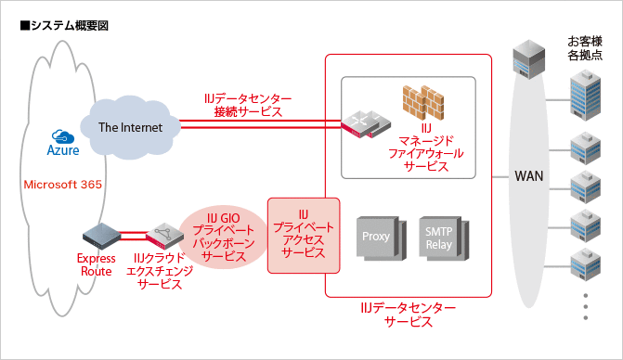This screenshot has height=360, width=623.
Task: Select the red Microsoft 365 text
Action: coord(62,185)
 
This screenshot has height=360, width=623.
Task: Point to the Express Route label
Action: coord(96,264)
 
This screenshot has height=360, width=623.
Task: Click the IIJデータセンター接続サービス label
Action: coord(248,105)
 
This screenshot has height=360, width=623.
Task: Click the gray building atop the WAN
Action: coord(528,59)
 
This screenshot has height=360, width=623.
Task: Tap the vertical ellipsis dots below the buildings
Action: coord(585,307)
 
